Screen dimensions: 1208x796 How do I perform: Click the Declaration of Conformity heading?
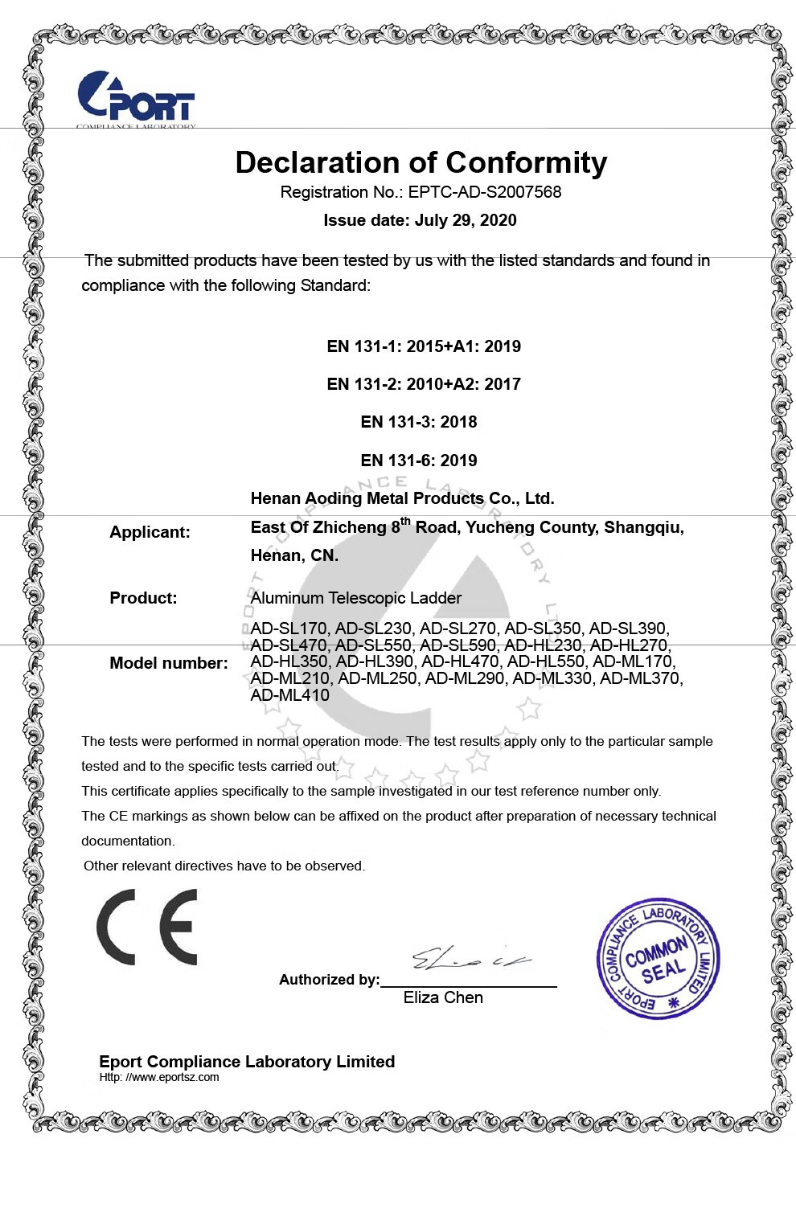[421, 162]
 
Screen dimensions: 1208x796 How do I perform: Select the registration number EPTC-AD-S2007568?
[484, 192]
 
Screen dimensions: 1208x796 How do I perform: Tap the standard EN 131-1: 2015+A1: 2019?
[424, 346]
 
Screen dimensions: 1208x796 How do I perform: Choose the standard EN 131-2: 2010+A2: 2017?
[424, 384]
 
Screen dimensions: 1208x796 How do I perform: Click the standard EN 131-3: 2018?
[419, 422]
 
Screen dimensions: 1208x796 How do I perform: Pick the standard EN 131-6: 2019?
[419, 461]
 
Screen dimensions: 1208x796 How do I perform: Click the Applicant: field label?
[150, 532]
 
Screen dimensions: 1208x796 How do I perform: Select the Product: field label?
[143, 598]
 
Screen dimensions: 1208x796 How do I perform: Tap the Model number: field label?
[169, 663]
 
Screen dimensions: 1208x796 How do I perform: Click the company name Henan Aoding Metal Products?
[402, 498]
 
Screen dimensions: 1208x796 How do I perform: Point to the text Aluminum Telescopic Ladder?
[356, 598]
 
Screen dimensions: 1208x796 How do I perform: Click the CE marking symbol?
[147, 927]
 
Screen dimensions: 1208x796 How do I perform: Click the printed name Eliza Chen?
[443, 997]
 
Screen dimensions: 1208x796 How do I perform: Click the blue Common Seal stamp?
[658, 959]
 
